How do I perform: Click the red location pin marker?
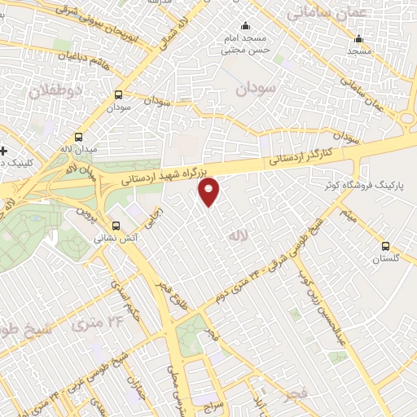(x=209, y=191)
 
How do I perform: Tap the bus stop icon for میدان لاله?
(x=78, y=138)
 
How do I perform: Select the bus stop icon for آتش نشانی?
(x=116, y=226)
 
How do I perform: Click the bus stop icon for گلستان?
(x=385, y=246)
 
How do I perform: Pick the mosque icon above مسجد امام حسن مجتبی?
(x=247, y=25)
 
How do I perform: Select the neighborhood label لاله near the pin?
(x=238, y=235)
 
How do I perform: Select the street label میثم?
(x=348, y=216)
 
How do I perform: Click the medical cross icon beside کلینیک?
(x=4, y=150)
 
